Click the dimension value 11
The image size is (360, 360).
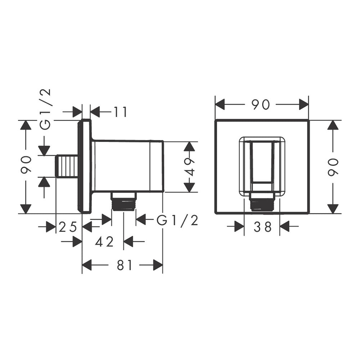coord(121,112)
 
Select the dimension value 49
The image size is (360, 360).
coord(189,167)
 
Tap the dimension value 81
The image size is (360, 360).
coord(125,265)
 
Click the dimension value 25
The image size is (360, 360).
coord(68,227)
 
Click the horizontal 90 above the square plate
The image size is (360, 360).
coord(260,105)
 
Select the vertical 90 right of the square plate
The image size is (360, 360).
coord(333,167)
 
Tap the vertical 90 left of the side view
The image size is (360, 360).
coord(26,165)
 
